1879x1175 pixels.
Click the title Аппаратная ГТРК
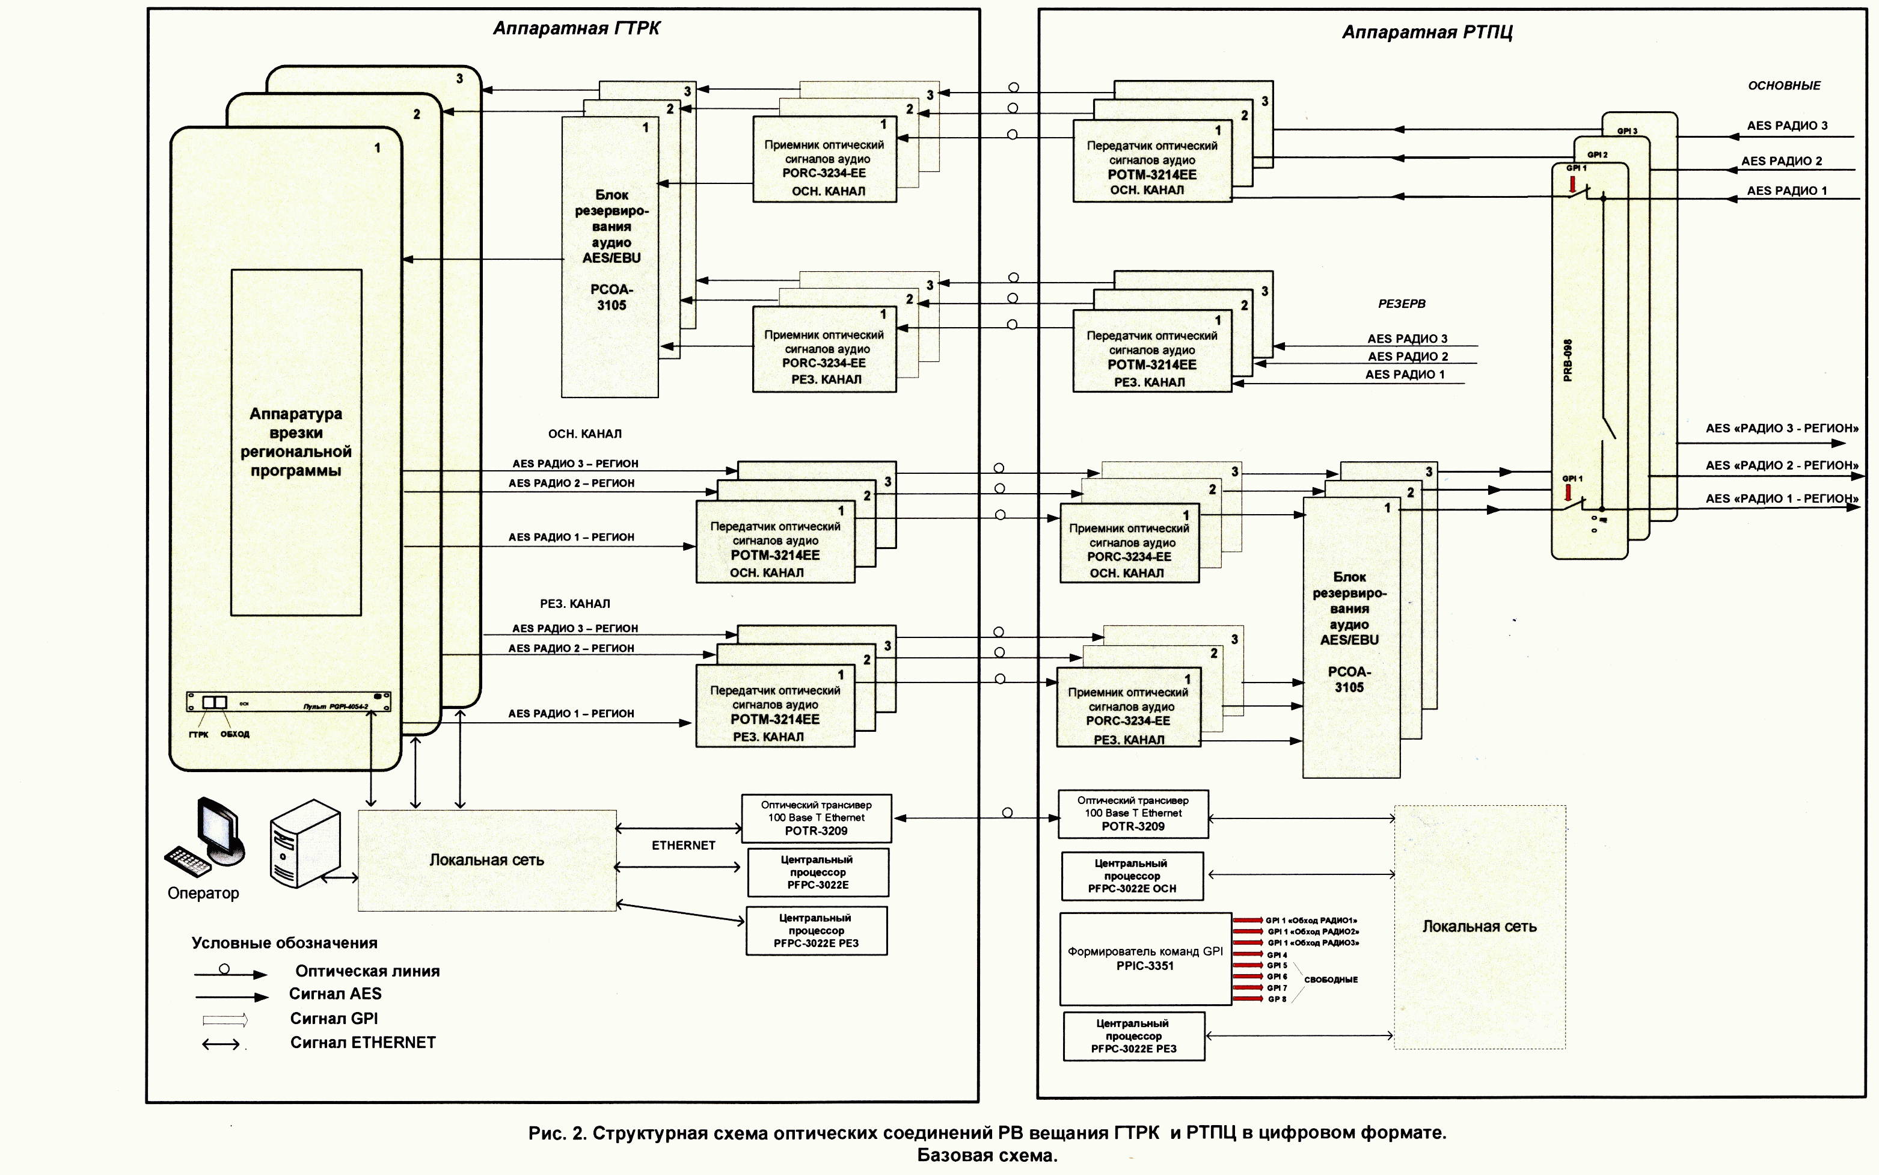click(577, 29)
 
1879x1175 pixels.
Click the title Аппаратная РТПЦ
click(1427, 32)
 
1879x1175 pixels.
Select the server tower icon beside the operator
click(305, 843)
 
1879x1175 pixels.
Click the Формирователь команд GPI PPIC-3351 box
click(1145, 958)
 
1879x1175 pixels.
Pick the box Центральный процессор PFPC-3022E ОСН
click(1132, 876)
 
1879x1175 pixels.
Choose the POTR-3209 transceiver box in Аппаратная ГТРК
click(816, 818)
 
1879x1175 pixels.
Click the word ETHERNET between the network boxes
click(683, 845)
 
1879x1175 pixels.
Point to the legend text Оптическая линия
click(367, 971)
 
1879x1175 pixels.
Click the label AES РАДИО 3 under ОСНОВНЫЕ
click(1786, 125)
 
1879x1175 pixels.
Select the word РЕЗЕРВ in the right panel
click(1401, 304)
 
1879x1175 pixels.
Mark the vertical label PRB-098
click(1568, 360)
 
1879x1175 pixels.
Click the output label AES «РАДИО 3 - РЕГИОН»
click(1781, 428)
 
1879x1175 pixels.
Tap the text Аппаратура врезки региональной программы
click(295, 441)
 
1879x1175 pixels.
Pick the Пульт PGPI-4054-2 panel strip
click(288, 702)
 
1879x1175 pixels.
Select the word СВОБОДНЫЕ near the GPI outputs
click(1331, 979)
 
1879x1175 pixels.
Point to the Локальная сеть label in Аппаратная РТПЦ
click(1479, 926)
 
